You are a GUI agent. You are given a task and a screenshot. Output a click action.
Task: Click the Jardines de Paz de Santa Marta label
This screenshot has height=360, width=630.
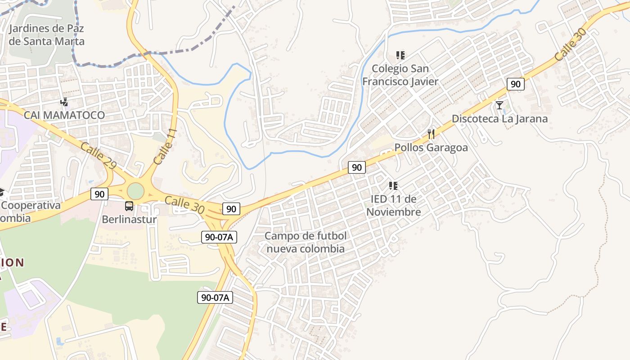tap(46, 35)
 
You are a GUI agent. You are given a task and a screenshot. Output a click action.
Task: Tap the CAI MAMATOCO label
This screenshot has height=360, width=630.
tap(64, 115)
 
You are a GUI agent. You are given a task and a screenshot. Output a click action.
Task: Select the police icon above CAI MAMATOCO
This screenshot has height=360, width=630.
tap(64, 102)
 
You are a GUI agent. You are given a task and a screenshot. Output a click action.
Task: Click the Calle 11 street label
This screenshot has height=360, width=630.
tap(165, 146)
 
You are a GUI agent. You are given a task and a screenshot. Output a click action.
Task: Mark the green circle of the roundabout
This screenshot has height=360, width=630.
tap(135, 191)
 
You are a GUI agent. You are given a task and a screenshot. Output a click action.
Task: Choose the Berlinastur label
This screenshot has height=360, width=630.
tap(129, 220)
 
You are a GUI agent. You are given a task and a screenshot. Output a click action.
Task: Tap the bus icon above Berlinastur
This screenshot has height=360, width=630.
tap(129, 207)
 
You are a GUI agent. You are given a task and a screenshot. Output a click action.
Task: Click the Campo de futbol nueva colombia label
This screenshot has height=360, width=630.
tap(306, 242)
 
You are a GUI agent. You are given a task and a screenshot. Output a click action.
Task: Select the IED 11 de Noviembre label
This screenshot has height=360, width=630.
tap(393, 205)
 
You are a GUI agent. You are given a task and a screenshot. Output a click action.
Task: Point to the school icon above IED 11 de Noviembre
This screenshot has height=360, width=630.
tap(393, 185)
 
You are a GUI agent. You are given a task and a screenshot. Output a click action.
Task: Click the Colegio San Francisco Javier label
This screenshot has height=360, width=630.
tap(400, 75)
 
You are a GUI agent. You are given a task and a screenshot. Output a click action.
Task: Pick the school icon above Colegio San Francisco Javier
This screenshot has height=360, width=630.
tap(400, 55)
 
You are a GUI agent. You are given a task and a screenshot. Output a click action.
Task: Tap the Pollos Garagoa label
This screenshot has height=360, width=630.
tap(431, 148)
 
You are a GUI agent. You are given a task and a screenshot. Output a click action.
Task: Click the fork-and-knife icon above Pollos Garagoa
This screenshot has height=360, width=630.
tap(431, 134)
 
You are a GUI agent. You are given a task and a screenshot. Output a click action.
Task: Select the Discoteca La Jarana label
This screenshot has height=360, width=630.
tap(499, 119)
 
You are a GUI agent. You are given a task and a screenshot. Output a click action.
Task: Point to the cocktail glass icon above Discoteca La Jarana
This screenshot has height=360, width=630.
tap(499, 105)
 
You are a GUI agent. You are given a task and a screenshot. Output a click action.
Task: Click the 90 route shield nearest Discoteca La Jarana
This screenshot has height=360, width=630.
tap(515, 84)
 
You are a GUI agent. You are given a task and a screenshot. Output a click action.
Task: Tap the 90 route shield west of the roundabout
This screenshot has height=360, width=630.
tap(99, 194)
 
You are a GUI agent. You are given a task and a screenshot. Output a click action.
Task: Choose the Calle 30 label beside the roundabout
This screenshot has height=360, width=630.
tap(184, 205)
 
